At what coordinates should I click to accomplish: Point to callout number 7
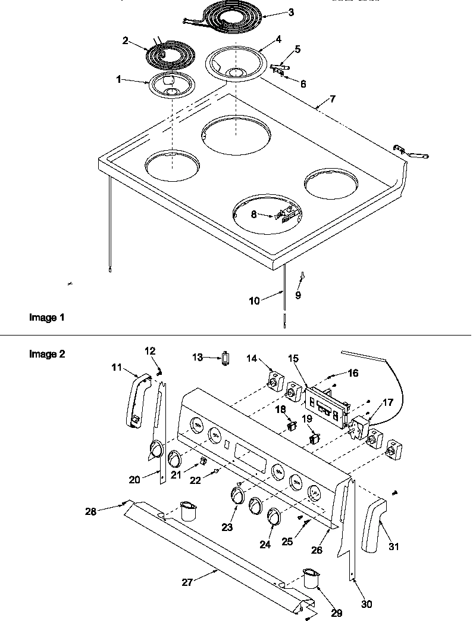click(333, 98)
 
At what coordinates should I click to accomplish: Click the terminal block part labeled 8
click(284, 214)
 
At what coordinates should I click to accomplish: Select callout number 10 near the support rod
click(254, 301)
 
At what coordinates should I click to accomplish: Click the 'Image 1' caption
click(47, 318)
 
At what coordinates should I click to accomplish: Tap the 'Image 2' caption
click(47, 354)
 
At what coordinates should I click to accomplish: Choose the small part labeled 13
click(225, 358)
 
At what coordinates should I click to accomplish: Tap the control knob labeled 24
click(274, 516)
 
